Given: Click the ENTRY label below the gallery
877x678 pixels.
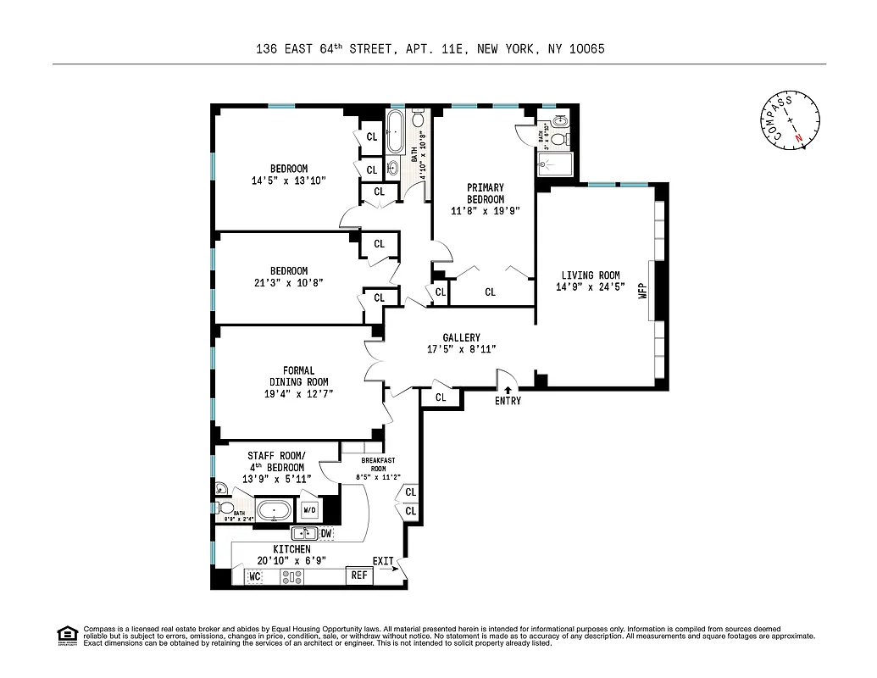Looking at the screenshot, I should (x=508, y=401).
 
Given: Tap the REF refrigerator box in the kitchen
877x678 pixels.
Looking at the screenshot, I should (x=359, y=575).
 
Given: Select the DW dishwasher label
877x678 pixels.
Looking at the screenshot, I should (x=326, y=533).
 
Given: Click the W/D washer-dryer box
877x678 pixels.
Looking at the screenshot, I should (x=309, y=510).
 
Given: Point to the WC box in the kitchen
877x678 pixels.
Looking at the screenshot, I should (x=255, y=576).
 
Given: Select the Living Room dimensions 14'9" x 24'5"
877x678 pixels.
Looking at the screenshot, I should (x=590, y=287).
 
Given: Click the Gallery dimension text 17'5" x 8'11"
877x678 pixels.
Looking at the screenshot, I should (x=461, y=349).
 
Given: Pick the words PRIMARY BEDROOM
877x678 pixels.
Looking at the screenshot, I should (x=485, y=193).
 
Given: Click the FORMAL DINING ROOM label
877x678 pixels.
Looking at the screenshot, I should (x=298, y=376).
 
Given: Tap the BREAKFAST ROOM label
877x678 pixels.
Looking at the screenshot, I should (x=373, y=464).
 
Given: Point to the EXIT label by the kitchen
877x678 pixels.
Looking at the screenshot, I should (x=383, y=561).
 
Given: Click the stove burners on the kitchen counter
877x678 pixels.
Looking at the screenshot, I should (x=292, y=576).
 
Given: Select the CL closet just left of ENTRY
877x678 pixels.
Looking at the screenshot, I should (x=441, y=397).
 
